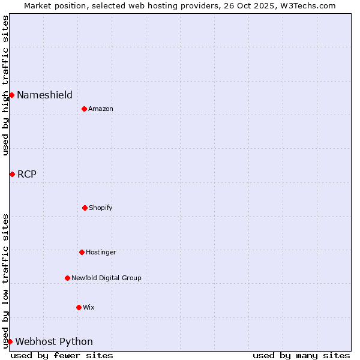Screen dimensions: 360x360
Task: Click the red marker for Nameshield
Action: (x=11, y=95)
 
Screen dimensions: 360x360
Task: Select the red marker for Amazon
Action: (x=85, y=109)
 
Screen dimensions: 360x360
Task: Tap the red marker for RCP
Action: (x=12, y=174)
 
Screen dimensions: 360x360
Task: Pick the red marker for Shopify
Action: (x=85, y=208)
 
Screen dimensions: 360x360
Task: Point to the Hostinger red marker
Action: (x=82, y=252)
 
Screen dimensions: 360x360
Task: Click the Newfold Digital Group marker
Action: (x=67, y=278)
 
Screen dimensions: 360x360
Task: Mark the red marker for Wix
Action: (x=79, y=307)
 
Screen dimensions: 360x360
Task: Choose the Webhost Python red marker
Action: (x=10, y=341)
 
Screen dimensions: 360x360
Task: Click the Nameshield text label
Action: (x=44, y=95)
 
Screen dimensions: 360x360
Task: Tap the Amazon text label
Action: (x=101, y=109)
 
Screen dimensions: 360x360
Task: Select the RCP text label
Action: (x=26, y=174)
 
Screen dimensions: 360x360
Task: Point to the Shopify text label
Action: (x=101, y=208)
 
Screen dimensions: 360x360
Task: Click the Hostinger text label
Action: (x=101, y=252)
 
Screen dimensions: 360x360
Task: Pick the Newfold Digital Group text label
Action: (x=106, y=278)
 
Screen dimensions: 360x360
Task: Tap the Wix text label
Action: (x=89, y=307)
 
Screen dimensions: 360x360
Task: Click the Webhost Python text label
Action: (x=54, y=341)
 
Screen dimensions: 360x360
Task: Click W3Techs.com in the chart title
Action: (x=306, y=5)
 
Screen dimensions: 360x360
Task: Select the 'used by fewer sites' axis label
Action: (x=62, y=355)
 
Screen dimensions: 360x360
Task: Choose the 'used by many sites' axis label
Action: (x=301, y=355)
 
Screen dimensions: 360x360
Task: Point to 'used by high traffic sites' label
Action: (x=5, y=85)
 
